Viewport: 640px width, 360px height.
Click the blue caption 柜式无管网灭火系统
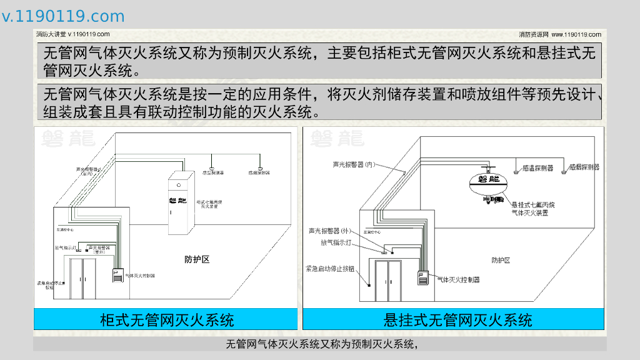(x=166, y=320)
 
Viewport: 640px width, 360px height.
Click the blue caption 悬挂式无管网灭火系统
(x=457, y=320)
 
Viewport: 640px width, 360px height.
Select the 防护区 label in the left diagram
(x=197, y=259)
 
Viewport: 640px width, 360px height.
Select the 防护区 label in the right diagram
(x=501, y=260)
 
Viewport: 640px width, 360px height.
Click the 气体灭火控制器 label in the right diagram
(x=458, y=279)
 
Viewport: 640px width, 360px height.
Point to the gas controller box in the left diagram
(x=117, y=276)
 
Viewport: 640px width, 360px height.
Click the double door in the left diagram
(x=83, y=277)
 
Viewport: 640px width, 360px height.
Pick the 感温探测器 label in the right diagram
(x=537, y=167)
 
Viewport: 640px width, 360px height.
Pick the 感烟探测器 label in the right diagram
(x=584, y=167)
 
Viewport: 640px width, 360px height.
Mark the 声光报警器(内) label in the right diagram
(x=354, y=165)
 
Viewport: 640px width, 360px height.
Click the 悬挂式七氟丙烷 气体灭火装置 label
(x=532, y=209)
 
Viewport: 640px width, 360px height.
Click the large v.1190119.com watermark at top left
(x=63, y=16)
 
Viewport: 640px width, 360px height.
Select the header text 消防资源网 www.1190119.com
(x=560, y=34)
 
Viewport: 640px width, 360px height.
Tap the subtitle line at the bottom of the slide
(x=321, y=344)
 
